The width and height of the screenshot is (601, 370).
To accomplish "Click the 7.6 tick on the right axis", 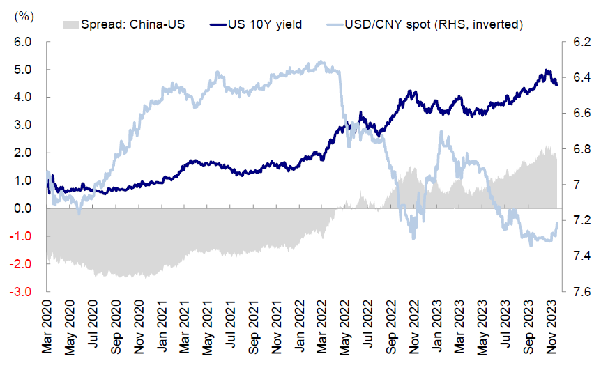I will (581, 292).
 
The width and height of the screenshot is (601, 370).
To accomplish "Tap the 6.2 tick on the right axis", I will (581, 42).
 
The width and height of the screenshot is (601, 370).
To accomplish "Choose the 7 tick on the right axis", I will (576, 185).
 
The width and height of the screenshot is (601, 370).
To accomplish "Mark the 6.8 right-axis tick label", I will (581, 148).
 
